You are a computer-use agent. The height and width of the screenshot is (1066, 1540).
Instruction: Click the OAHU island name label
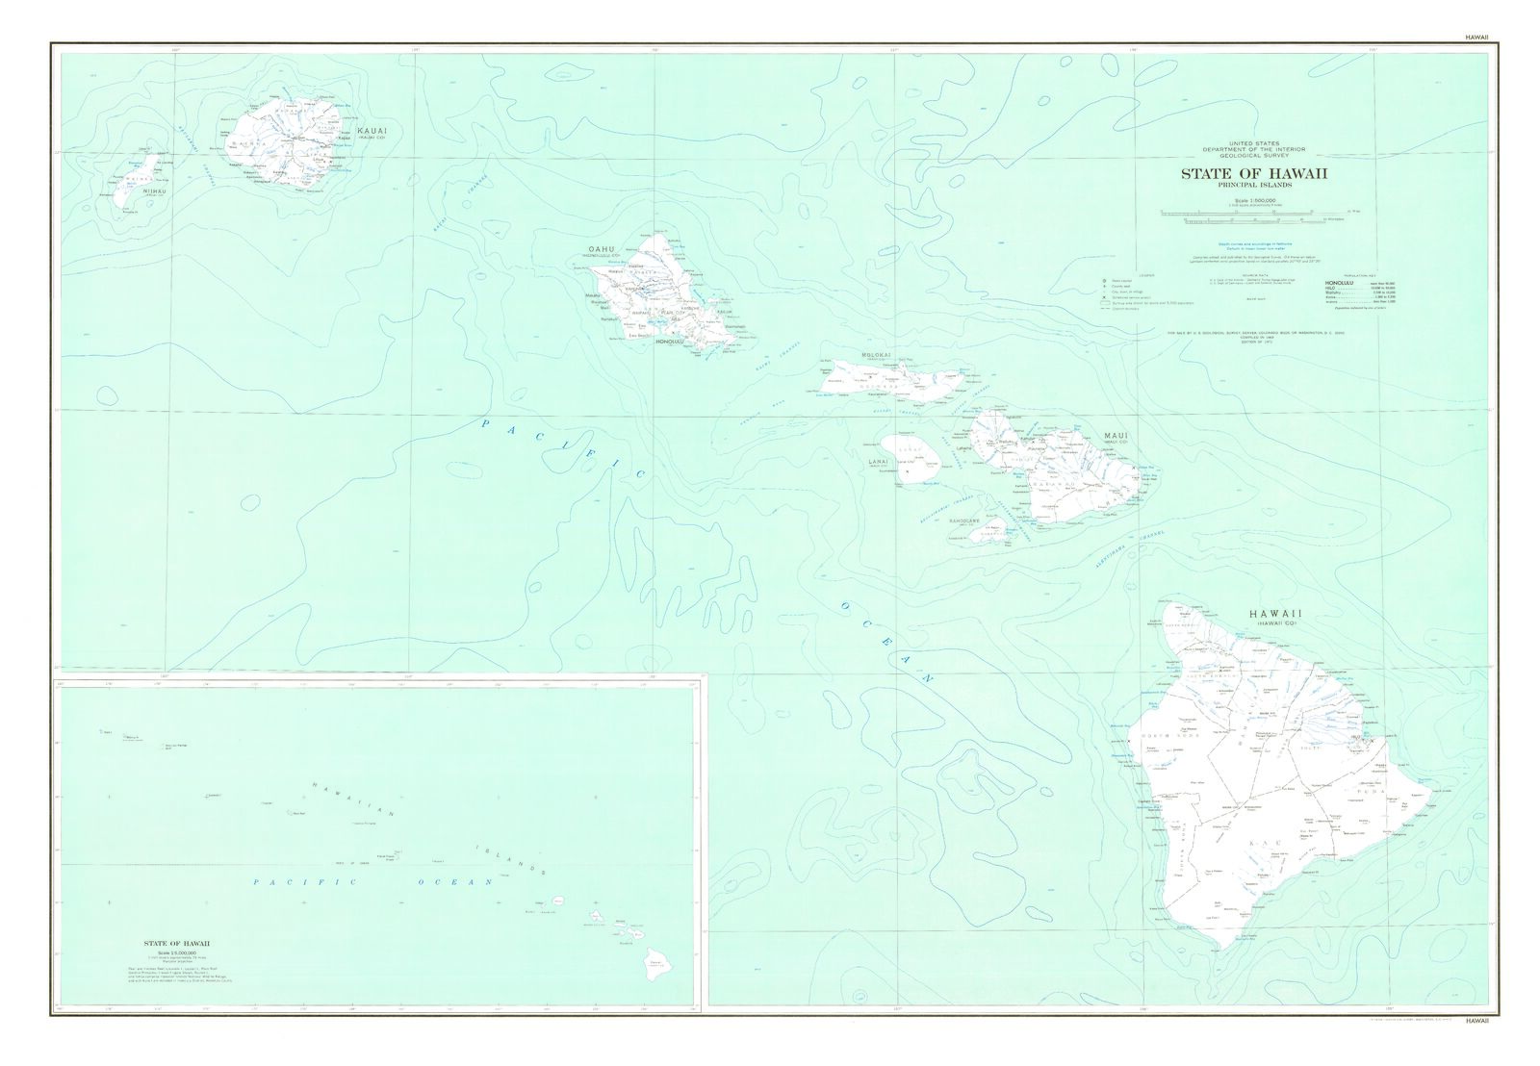[601, 250]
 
